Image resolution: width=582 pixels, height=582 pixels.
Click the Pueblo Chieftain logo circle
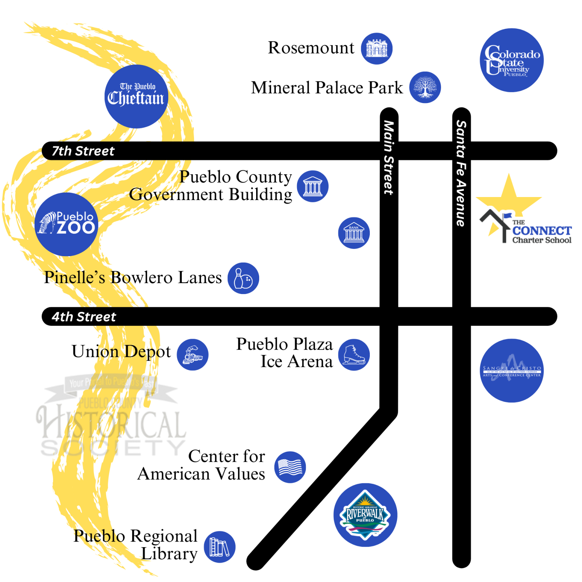coord(136,96)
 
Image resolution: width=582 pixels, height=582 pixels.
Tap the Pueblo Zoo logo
coord(66,224)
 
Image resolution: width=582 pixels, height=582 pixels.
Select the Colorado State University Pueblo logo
coord(512,60)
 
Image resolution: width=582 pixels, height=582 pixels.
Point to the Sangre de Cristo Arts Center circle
coord(512,370)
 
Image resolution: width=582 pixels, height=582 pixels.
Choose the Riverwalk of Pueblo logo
coord(365,515)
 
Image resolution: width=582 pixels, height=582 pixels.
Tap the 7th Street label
coord(83,151)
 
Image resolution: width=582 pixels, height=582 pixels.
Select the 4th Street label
coord(84,317)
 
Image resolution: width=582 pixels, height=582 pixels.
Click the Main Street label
coord(389,157)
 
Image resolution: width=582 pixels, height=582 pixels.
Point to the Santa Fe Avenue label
coord(461,173)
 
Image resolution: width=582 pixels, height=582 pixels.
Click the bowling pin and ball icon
coord(243,278)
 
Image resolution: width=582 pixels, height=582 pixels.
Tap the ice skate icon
coord(354,355)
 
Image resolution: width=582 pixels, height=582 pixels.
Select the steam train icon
coord(192,355)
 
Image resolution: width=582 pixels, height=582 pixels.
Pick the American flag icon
coord(290,467)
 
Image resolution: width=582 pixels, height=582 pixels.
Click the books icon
coord(219,547)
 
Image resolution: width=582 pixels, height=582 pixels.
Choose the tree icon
coord(425,87)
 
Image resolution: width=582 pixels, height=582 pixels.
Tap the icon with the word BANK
coord(354,233)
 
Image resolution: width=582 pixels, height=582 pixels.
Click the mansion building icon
coord(377,48)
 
